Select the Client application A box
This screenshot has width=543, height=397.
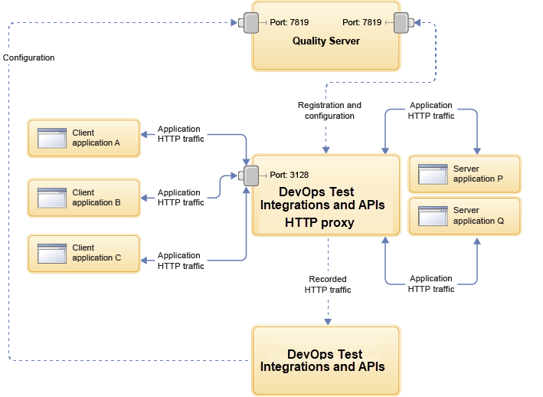point(83,138)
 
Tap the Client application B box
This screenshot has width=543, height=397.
point(83,198)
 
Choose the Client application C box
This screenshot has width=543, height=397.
point(83,253)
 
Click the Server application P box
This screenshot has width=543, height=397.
point(464,174)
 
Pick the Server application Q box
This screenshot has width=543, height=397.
point(464,215)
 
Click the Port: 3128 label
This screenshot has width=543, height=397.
point(291,175)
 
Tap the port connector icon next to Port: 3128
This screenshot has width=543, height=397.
point(250,176)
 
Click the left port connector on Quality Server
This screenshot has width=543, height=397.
point(250,23)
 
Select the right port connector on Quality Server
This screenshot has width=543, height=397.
point(402,23)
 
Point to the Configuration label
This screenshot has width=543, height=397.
point(28,57)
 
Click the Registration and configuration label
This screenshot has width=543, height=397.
point(329,110)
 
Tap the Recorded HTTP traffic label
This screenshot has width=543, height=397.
point(328,284)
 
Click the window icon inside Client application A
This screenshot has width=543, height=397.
point(51,138)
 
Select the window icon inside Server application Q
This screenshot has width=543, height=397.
point(432,215)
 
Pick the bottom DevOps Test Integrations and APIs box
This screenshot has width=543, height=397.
point(325,360)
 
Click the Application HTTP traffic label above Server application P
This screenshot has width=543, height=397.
point(431,110)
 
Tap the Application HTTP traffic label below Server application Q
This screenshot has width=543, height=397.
point(430,284)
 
